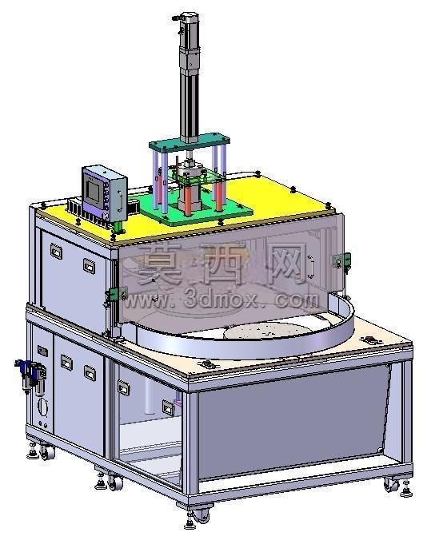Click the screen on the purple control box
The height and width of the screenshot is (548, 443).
click(x=93, y=189)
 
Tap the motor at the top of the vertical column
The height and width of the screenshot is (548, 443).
click(x=190, y=42)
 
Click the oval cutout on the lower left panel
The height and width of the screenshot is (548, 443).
click(x=42, y=407)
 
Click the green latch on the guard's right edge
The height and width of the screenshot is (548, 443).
click(x=341, y=261)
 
